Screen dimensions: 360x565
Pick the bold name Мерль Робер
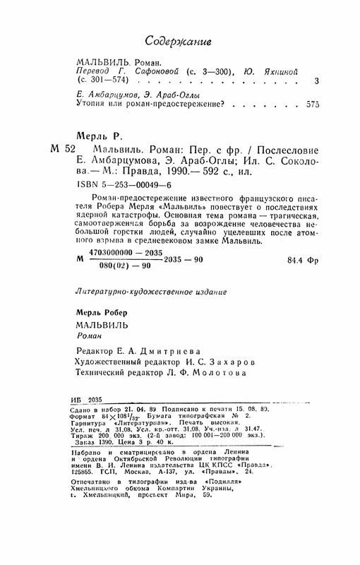(103, 311)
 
